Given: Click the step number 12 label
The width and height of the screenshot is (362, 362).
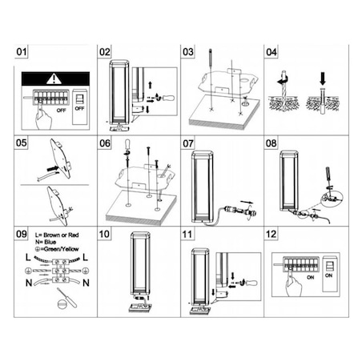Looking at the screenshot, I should tap(271, 235).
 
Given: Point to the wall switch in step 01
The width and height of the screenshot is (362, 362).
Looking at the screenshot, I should tap(81, 101).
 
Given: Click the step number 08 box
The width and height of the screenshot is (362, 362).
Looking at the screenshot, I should tap(271, 143).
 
